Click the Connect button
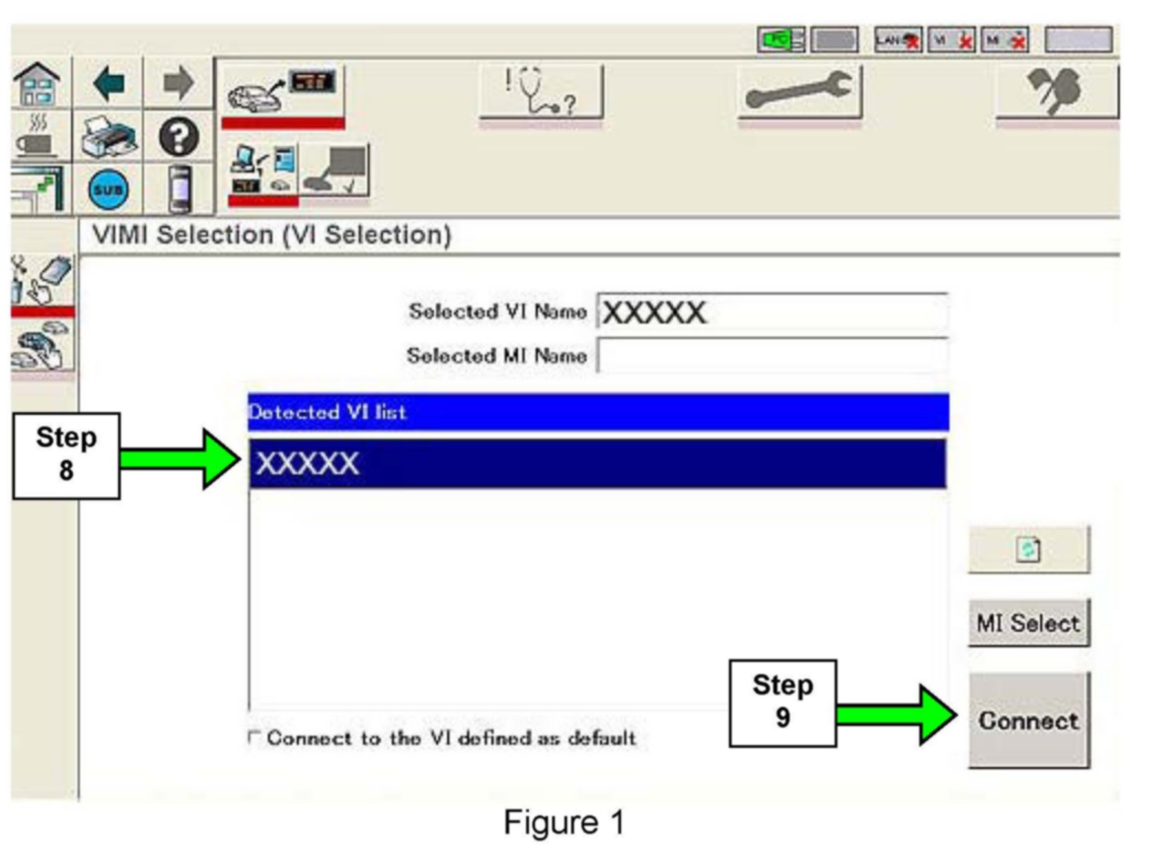coord(1029,721)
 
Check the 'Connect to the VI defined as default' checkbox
coord(254,737)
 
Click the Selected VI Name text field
coord(772,313)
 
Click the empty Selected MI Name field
coord(772,356)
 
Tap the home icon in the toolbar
coord(38,84)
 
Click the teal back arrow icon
coord(109,84)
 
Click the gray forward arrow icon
coord(178,84)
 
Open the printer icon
coord(109,137)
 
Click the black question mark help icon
coord(179,137)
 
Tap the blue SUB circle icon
coord(109,189)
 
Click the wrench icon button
coord(799,92)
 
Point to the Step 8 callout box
coord(66,455)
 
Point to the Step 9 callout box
coord(782,702)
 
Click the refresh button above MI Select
coord(1029,549)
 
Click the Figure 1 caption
coord(564,822)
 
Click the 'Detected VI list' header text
coord(328,412)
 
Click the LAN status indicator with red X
coord(898,40)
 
